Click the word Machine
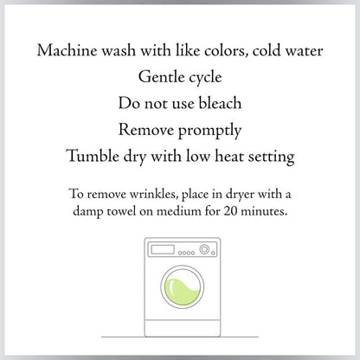point(67,50)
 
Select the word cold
point(267,50)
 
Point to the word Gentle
point(162,77)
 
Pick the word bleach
point(220,103)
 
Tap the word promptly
point(210,131)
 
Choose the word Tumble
point(93,156)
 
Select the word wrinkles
point(153,194)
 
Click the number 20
point(230,211)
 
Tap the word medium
point(179,211)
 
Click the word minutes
point(264,211)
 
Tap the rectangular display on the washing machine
point(163,249)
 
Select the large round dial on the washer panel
point(204,249)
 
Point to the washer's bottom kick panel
point(183,328)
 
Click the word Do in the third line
point(129,103)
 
